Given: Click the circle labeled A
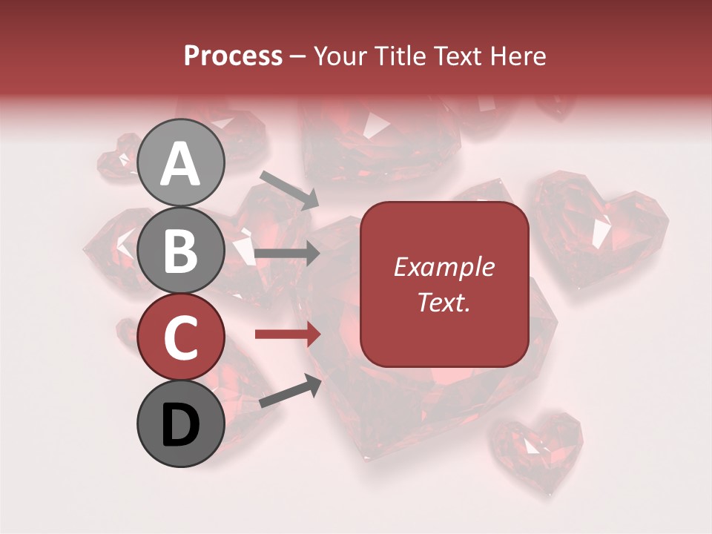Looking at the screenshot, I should [181, 162].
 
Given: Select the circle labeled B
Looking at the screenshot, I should [181, 251].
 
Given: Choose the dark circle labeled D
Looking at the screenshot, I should [181, 424].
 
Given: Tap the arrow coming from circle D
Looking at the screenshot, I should [290, 392].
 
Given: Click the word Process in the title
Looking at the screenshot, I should [233, 56].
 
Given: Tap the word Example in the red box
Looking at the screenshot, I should [444, 267].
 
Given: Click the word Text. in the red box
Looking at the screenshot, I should [444, 302].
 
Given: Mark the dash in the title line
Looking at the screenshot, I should [298, 56].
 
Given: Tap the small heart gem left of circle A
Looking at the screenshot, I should [119, 158].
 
